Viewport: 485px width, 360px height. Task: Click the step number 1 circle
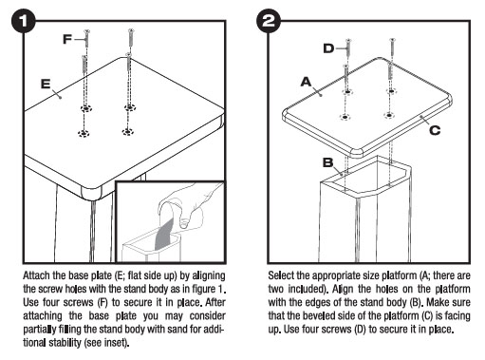24,21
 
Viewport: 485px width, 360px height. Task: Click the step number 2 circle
269,21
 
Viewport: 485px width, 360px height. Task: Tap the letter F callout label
67,39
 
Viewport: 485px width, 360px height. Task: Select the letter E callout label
46,84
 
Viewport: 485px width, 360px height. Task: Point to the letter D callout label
328,48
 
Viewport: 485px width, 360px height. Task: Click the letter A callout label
306,82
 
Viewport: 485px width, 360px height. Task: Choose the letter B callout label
328,162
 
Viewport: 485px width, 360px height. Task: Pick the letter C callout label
435,130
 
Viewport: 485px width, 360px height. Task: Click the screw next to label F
86,38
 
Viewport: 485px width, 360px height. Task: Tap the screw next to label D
348,47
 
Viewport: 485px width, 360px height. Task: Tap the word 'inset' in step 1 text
116,343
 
